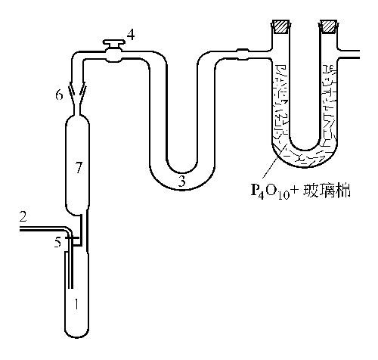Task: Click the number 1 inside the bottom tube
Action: click(x=76, y=304)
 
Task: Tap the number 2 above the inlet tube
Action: click(x=23, y=216)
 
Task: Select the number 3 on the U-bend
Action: click(x=182, y=181)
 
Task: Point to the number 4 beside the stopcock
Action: click(x=131, y=35)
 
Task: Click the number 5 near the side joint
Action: click(x=58, y=242)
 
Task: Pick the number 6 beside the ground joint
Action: click(x=59, y=95)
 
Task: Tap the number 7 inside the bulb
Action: click(x=79, y=167)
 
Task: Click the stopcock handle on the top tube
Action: click(x=114, y=43)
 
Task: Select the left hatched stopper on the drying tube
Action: click(x=281, y=26)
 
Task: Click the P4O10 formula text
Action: click(x=270, y=191)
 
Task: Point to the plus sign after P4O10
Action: click(x=294, y=190)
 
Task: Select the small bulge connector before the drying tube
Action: click(x=243, y=54)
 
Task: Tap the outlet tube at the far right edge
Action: click(x=349, y=54)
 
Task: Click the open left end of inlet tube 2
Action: click(x=20, y=229)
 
